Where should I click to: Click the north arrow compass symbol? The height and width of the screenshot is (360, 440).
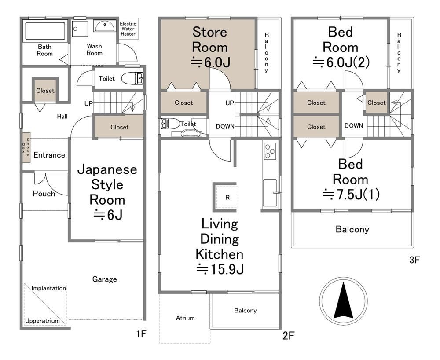point(343,300)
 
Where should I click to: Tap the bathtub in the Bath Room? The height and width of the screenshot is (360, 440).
point(45,30)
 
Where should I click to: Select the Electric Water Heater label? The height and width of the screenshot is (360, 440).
point(128,29)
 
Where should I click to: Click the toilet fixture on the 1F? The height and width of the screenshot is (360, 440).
point(132,78)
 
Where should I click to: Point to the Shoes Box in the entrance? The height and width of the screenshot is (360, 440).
point(26,147)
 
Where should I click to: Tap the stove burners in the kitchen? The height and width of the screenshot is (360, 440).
point(270,151)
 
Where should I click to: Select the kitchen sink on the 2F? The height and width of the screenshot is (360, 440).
point(270,193)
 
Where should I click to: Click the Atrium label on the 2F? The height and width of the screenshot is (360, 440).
point(185,318)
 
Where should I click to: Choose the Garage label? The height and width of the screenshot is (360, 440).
point(104,279)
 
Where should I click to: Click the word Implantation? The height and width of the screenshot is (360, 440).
point(48,288)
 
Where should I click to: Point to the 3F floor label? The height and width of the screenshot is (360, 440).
point(414,260)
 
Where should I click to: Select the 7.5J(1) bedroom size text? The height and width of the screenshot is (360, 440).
point(351,194)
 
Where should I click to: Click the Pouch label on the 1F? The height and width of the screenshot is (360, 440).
point(44,194)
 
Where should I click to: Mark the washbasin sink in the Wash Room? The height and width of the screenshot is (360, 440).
point(104,26)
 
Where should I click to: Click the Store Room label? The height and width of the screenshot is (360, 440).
point(209,40)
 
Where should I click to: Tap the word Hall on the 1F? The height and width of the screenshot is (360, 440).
point(62,117)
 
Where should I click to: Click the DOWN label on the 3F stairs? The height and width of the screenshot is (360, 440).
point(354,126)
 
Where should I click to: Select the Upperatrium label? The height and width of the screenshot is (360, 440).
point(42,321)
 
